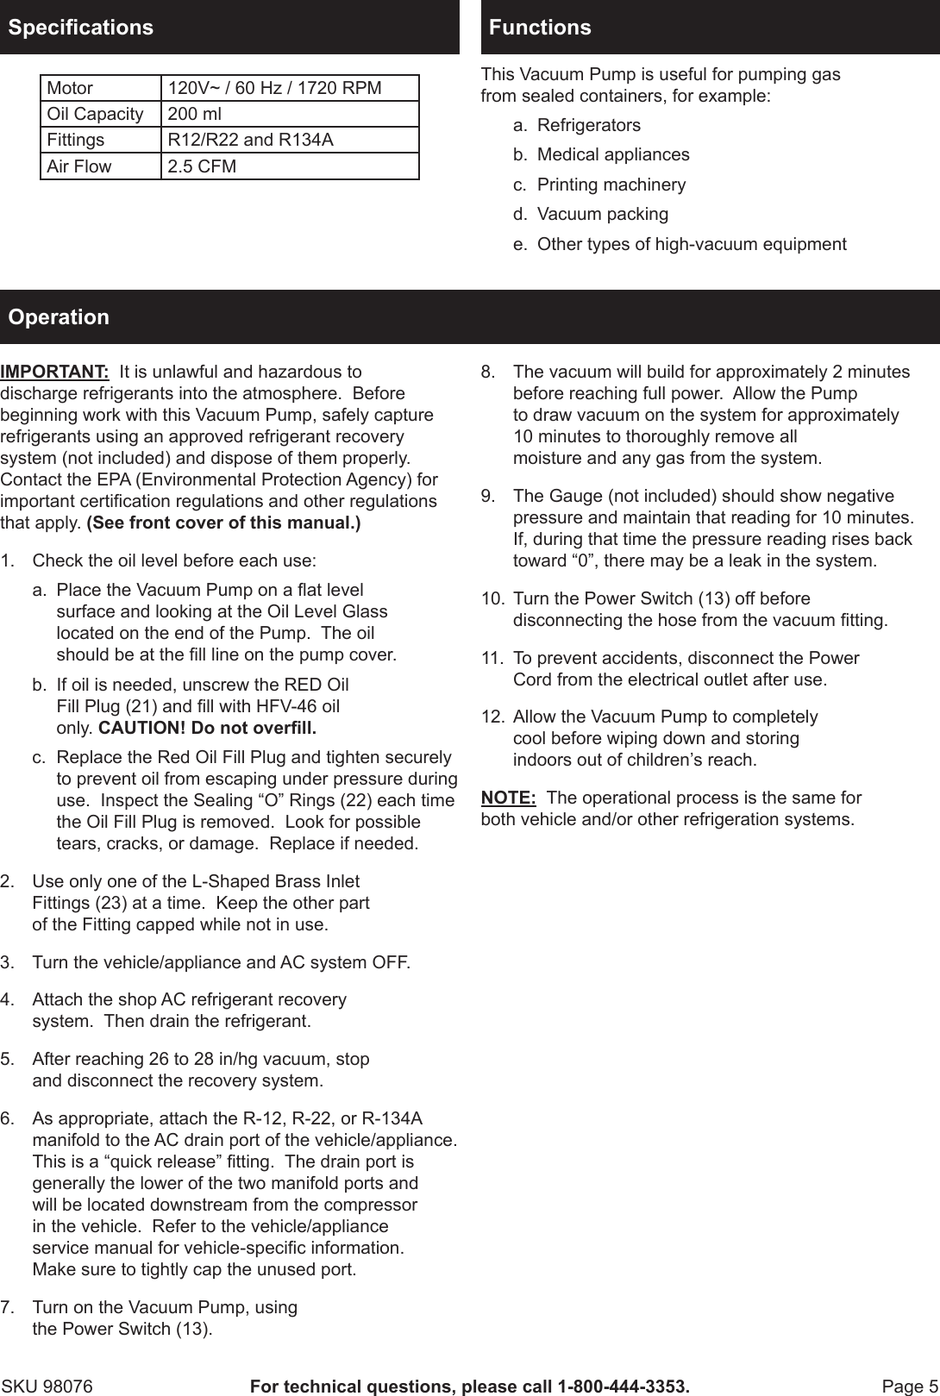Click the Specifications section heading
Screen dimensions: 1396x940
click(x=80, y=27)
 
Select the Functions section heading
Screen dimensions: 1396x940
click(x=540, y=27)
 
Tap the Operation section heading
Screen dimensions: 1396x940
click(x=59, y=316)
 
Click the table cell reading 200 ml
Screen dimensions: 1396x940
click(x=194, y=114)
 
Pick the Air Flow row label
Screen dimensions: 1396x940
click(x=79, y=166)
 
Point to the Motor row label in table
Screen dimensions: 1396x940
click(x=70, y=88)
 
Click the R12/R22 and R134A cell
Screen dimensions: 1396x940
click(x=250, y=140)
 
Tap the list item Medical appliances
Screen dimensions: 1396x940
click(x=612, y=154)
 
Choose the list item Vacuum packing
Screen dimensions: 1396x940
click(x=602, y=214)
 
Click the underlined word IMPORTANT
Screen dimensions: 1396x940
click(x=54, y=372)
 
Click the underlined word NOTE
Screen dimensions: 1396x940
click(x=508, y=798)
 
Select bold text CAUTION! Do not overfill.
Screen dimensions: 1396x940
click(x=207, y=728)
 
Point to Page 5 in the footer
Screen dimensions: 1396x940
click(x=910, y=1387)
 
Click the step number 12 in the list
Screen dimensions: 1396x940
click(x=492, y=717)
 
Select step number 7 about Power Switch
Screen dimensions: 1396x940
click(x=7, y=1307)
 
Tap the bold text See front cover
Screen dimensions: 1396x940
click(x=223, y=523)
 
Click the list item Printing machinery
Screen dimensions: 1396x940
click(x=611, y=185)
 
